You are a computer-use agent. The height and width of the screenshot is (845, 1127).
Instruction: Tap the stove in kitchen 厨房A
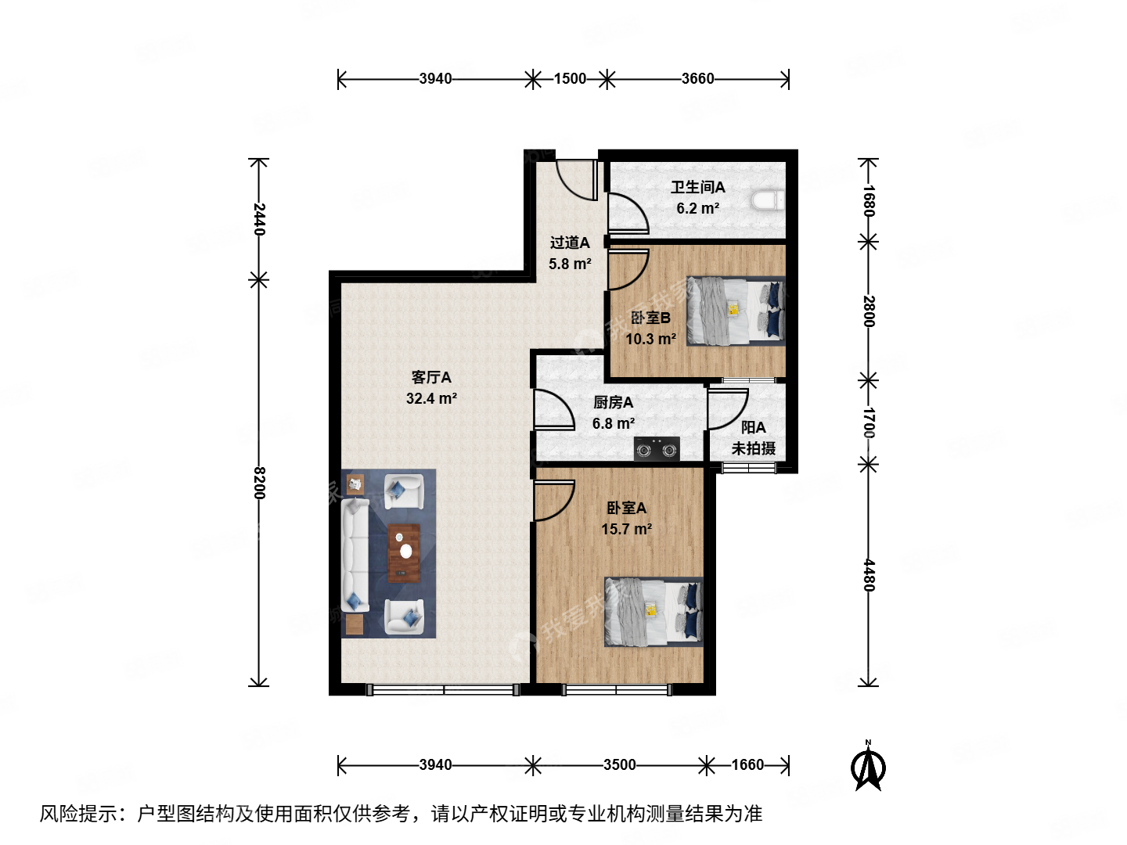[656, 449]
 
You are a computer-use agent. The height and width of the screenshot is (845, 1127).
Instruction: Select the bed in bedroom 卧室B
[735, 311]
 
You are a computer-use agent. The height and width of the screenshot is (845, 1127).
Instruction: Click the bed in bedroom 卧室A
[653, 612]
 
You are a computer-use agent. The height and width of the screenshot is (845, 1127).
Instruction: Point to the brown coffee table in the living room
[404, 553]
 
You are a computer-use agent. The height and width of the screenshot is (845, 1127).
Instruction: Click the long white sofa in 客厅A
[355, 554]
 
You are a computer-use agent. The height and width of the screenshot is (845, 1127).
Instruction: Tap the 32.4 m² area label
[431, 398]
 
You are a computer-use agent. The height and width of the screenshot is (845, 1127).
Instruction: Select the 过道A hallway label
[569, 243]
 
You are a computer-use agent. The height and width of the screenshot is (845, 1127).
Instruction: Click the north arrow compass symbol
[868, 767]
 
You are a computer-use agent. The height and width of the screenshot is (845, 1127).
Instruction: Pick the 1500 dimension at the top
[570, 78]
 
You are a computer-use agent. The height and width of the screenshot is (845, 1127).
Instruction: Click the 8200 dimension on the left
[259, 483]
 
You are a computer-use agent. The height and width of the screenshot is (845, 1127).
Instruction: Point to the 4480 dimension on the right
[868, 575]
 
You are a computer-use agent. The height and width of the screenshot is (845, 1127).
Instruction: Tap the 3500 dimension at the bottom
[619, 764]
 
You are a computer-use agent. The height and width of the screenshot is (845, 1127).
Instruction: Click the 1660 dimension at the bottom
[747, 764]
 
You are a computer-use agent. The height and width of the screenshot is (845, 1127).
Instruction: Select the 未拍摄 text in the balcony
[753, 448]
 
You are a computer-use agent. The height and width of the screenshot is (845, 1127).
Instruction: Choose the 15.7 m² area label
[626, 529]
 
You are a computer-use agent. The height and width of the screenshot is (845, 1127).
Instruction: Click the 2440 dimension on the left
[259, 219]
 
